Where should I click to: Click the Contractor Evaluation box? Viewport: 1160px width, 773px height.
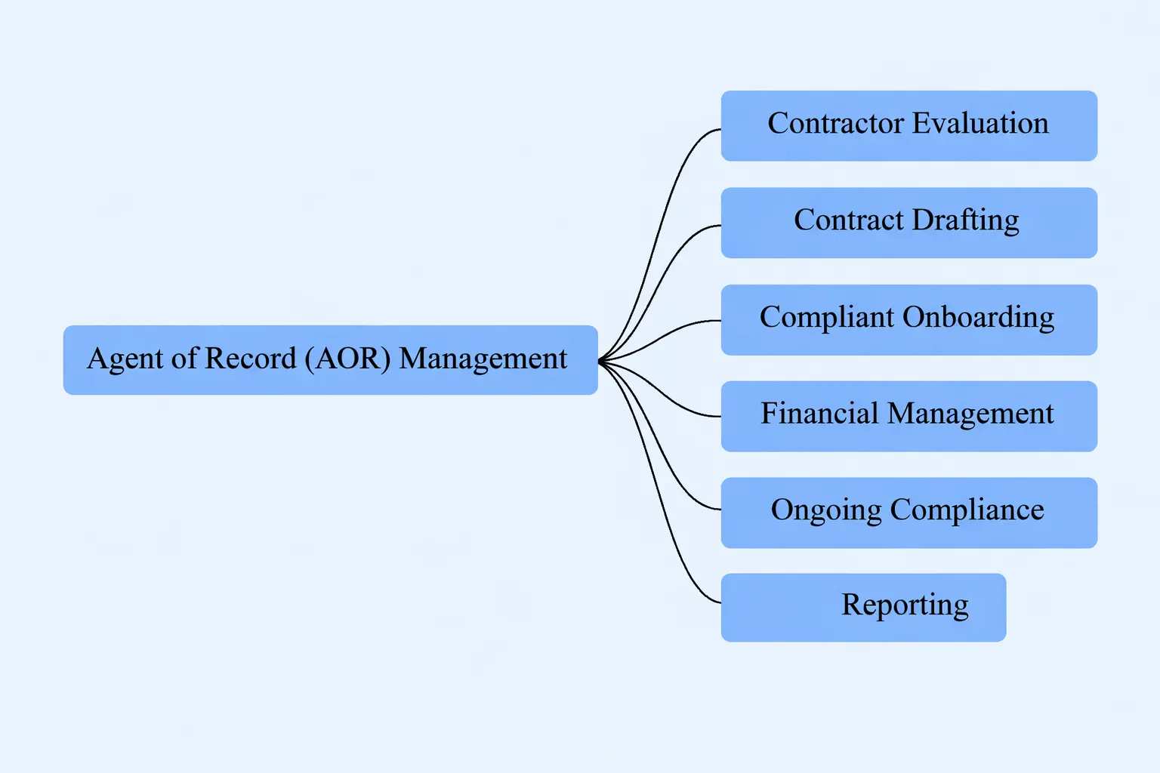[x=909, y=126]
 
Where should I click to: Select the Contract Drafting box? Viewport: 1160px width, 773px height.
[x=909, y=223]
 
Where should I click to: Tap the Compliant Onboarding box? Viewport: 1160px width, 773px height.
[x=909, y=319]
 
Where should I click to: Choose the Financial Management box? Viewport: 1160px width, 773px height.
[x=909, y=416]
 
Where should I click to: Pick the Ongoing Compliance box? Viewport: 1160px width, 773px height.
[x=909, y=513]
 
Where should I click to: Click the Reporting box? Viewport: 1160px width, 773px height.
[x=863, y=608]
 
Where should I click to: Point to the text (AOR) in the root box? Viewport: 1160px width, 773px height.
[x=347, y=359]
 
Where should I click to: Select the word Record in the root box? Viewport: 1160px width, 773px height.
[x=250, y=359]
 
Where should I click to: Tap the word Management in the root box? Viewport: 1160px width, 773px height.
[x=483, y=359]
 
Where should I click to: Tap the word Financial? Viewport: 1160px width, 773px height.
[x=819, y=414]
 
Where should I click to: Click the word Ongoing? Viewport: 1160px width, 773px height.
[x=825, y=511]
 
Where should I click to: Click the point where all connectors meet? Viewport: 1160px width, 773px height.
[x=600, y=362]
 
